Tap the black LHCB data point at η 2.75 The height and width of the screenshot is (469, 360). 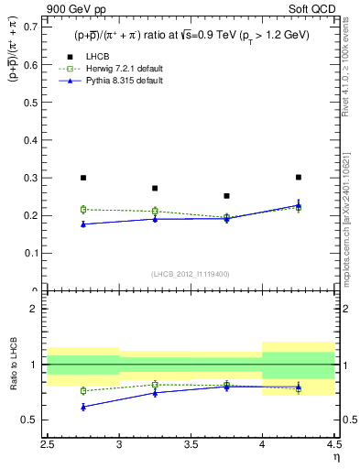click(x=83, y=178)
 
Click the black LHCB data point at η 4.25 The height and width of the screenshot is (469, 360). click(x=299, y=177)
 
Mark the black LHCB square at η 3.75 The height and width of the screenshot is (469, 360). click(x=227, y=196)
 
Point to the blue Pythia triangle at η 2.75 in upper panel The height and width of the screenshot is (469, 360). click(x=83, y=224)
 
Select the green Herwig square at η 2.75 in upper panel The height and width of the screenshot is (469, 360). click(x=83, y=210)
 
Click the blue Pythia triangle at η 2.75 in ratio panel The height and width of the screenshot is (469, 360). click(x=83, y=407)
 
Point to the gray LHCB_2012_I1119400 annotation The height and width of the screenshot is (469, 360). click(x=191, y=274)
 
